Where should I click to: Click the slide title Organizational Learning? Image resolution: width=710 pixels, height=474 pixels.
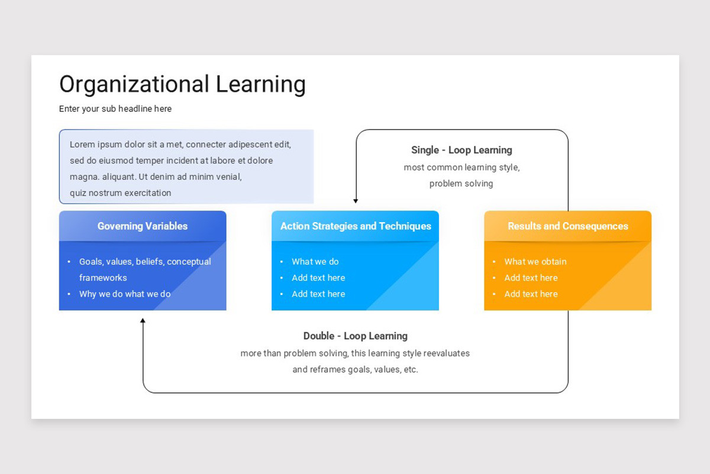point(182,84)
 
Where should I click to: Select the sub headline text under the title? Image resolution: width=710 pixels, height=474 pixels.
point(115,109)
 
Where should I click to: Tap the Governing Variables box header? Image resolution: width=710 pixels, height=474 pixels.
point(143,226)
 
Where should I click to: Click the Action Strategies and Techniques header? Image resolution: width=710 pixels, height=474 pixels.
point(356,226)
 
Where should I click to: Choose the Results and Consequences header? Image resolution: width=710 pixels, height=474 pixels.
point(568,226)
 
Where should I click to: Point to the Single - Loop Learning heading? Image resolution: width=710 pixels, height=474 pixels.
point(461,150)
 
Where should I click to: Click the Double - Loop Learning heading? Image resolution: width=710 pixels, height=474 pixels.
point(355,336)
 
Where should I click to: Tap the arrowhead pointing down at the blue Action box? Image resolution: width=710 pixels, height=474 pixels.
point(356,201)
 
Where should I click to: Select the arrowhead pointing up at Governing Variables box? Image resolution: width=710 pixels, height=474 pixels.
point(143,321)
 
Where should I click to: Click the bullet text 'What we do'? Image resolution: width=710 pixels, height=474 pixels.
point(315,262)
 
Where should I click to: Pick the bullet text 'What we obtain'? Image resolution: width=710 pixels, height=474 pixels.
point(535,262)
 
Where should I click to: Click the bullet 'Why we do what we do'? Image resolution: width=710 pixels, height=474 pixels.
point(125,294)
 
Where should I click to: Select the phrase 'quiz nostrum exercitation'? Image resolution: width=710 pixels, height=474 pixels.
point(120,193)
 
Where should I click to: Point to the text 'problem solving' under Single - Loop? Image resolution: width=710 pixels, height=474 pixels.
point(461,184)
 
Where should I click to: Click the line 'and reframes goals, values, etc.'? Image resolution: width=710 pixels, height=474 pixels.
point(355,370)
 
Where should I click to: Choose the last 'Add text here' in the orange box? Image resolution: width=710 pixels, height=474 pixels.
point(531,294)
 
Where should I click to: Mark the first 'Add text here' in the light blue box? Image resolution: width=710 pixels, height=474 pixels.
point(318,278)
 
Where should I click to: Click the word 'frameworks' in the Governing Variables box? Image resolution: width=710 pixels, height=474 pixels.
point(103,278)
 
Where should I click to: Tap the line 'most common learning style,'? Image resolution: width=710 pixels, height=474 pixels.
point(461,168)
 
